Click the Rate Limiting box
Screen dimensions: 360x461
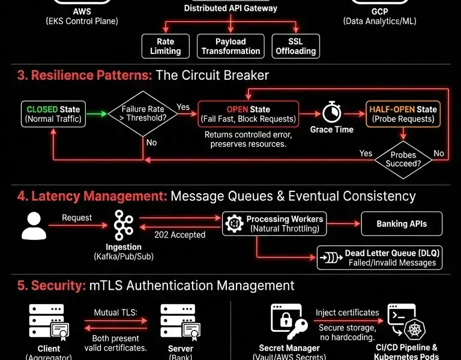(165, 46)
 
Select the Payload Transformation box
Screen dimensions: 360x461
(230, 46)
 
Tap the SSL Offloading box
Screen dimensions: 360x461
(295, 46)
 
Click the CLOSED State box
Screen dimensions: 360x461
(53, 114)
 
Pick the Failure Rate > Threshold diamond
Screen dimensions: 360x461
(142, 114)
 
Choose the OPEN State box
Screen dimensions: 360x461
(248, 114)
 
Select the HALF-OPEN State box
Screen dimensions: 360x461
(403, 114)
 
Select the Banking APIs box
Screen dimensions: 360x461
(402, 224)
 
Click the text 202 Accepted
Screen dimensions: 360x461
(180, 235)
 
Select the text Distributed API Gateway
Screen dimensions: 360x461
(230, 8)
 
